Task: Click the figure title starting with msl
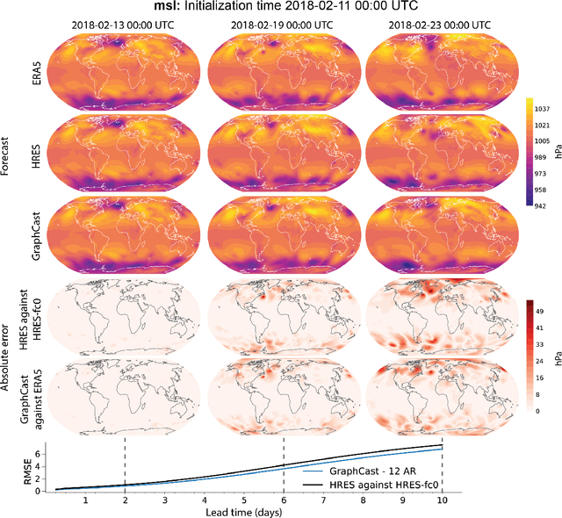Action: [281, 8]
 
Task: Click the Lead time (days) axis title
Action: [243, 510]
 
